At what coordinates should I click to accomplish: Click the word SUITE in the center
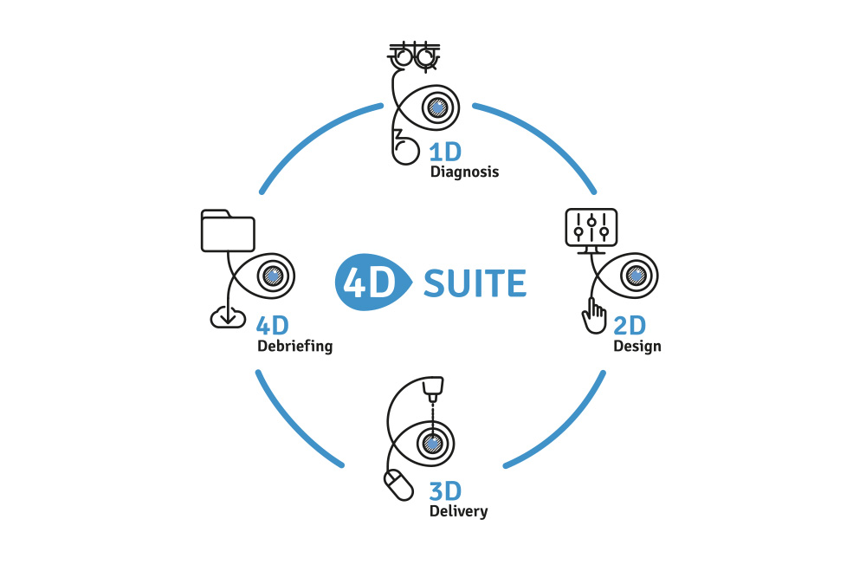(475, 283)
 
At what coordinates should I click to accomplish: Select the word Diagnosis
(464, 172)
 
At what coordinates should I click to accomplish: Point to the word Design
(637, 347)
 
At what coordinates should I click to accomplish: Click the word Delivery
(458, 510)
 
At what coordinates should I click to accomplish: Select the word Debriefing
(294, 347)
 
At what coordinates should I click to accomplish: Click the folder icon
(228, 231)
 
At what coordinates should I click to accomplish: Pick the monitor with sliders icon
(591, 231)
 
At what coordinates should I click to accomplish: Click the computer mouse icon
(398, 485)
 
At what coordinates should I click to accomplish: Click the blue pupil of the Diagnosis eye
(438, 107)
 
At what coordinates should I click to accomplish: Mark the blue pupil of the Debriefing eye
(273, 276)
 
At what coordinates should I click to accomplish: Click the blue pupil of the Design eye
(637, 276)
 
